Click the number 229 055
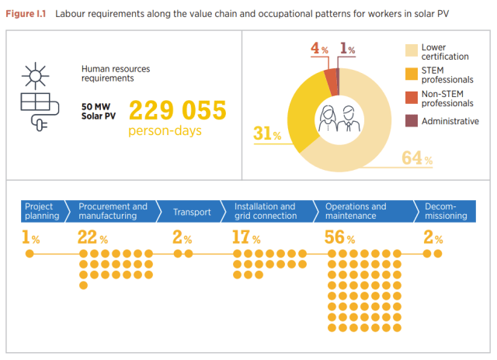coord(177,110)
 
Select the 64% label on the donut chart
coord(417,158)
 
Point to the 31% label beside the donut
coord(267,133)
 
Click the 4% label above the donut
coord(319,49)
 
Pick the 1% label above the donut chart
coord(347,49)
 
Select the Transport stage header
coord(192,211)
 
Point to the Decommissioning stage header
coord(445,211)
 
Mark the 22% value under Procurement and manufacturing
coord(92,237)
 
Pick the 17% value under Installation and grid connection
coord(246,237)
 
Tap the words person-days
coord(165,130)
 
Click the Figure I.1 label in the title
coord(26,13)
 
